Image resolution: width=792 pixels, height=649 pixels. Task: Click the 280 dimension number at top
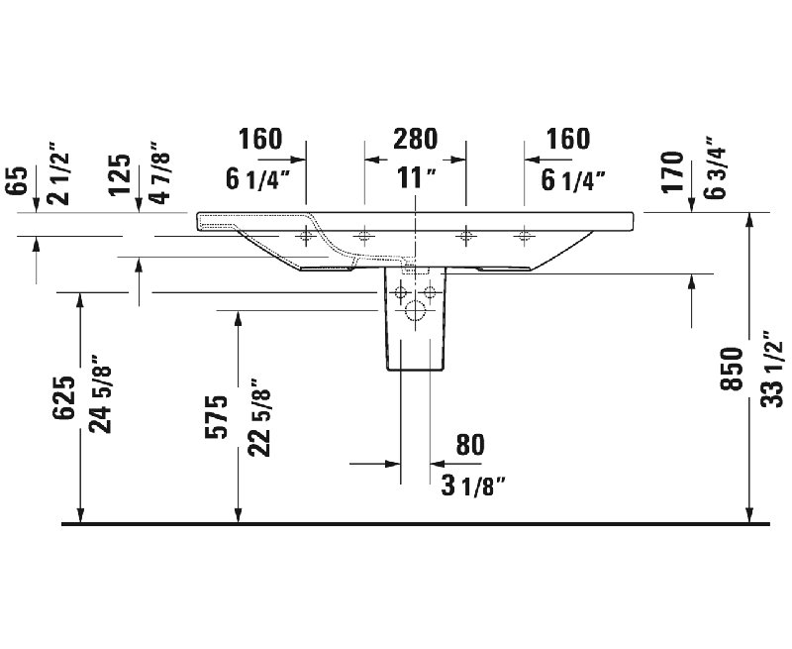tap(415, 139)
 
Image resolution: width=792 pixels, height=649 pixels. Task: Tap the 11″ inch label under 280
tap(416, 178)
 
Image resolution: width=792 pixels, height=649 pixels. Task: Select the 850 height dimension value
tap(732, 369)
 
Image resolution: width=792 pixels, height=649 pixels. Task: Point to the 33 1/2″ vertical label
tap(772, 369)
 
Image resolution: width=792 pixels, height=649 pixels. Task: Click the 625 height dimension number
tap(64, 397)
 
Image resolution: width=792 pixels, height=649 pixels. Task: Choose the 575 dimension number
tap(217, 417)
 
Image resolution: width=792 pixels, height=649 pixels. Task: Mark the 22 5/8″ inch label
tap(259, 417)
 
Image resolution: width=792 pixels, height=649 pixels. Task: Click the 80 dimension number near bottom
tap(470, 445)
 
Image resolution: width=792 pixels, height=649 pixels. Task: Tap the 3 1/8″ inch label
tap(473, 487)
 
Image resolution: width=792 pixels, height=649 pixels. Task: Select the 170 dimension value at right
tap(672, 171)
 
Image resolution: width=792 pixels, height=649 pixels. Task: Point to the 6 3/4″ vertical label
tap(715, 167)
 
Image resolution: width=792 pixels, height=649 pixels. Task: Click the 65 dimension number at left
tap(16, 180)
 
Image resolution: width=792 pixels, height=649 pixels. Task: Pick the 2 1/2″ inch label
tap(57, 178)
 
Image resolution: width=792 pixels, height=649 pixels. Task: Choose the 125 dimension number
tap(119, 175)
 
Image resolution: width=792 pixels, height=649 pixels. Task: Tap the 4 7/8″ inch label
tap(160, 172)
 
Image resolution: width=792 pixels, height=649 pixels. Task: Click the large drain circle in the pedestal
tap(415, 310)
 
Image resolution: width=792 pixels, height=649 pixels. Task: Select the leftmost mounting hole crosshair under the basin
tap(306, 236)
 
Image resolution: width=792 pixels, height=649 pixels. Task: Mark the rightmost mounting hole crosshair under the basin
tap(525, 236)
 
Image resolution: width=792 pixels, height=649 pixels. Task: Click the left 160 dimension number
tap(260, 139)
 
